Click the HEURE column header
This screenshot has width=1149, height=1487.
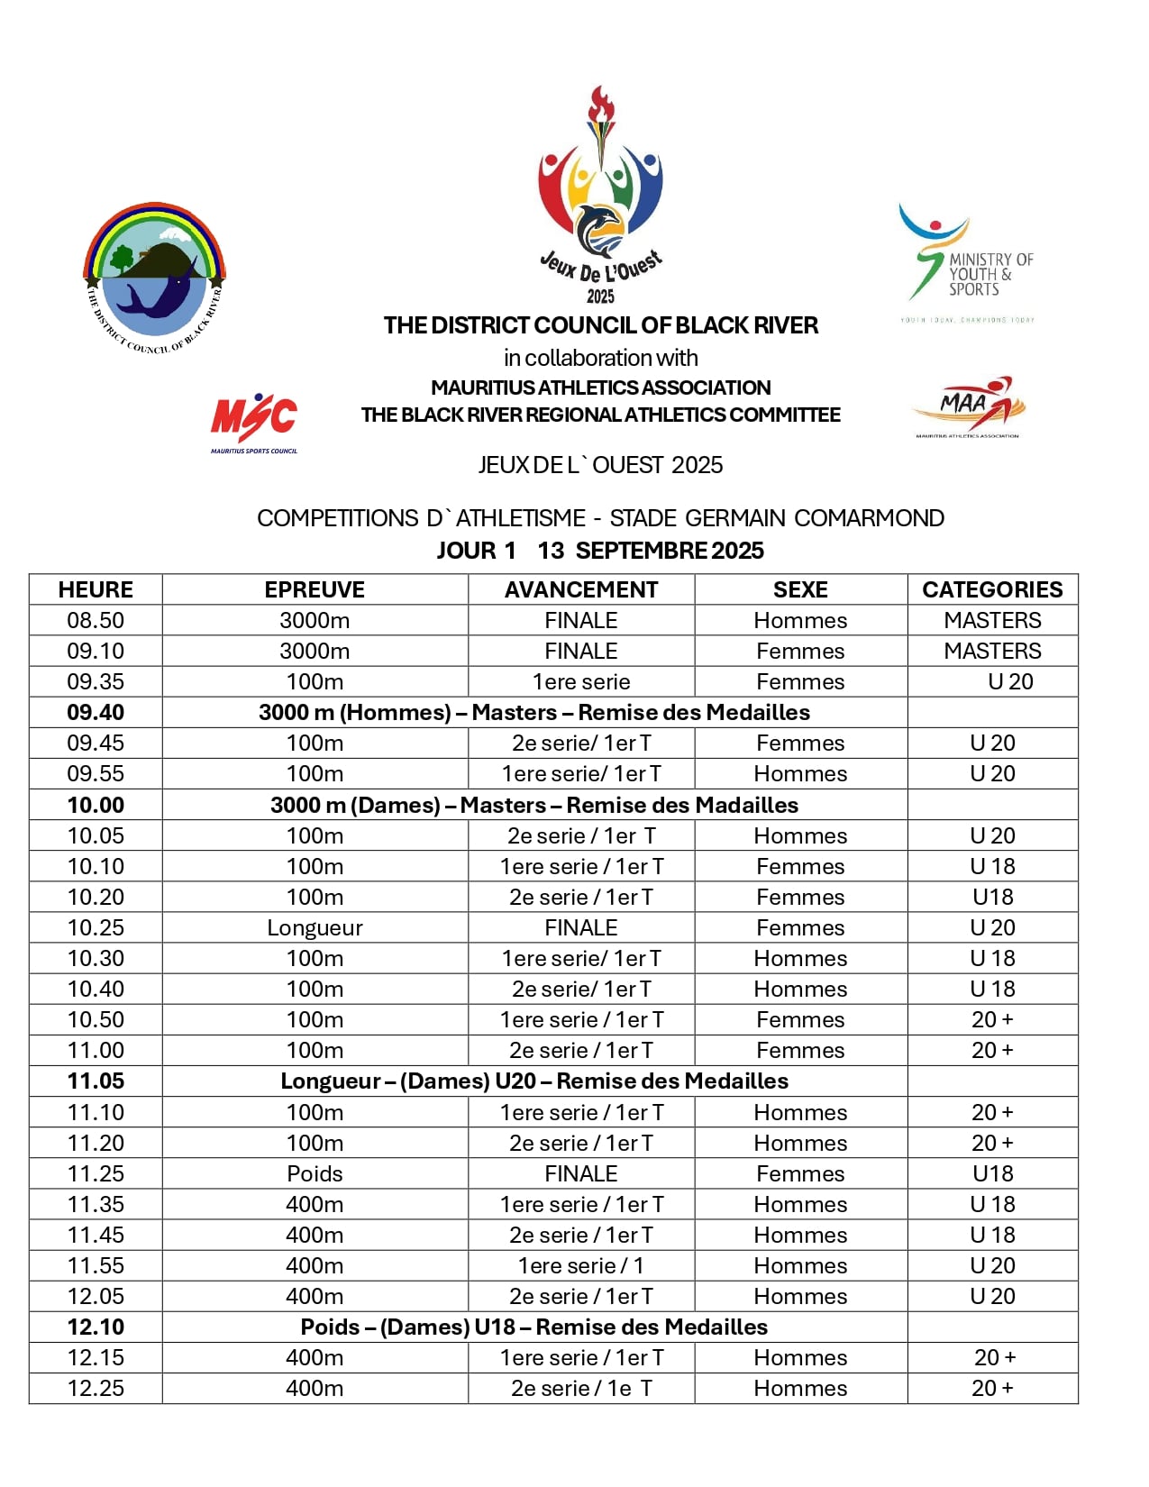coord(96,589)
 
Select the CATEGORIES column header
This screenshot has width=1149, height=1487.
coord(992,589)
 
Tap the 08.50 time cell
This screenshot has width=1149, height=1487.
coord(96,620)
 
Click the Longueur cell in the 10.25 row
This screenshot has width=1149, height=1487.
coord(315,927)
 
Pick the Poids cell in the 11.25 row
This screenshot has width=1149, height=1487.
coord(315,1173)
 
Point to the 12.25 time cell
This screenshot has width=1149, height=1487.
coord(96,1388)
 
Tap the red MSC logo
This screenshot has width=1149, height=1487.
coord(254,420)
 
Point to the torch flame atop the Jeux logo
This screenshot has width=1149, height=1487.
coord(600,104)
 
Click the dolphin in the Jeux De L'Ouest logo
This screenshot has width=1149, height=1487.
coord(599,229)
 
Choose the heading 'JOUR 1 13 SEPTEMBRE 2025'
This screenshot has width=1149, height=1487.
coord(600,550)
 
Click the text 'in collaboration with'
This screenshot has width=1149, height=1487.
coord(600,358)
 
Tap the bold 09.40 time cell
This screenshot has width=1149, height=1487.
coord(96,712)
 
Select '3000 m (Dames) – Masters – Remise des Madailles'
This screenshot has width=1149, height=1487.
coord(534,805)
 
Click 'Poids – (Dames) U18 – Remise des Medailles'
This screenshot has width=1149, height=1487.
coord(534,1327)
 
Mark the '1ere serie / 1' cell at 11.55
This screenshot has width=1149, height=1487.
coord(581,1265)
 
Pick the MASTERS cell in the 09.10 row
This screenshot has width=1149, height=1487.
coord(992,651)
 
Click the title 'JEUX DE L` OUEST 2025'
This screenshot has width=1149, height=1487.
coord(600,465)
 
